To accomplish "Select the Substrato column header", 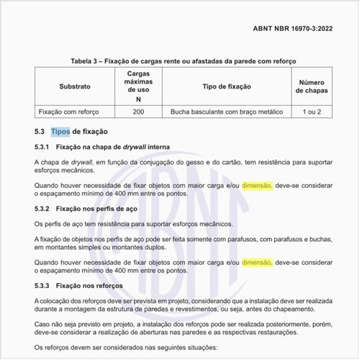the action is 75,86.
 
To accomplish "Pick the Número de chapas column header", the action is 312,86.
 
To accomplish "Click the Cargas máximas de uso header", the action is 138,86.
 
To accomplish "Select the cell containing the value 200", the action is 138,112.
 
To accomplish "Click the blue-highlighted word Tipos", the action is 60,132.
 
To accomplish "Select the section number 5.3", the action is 40,132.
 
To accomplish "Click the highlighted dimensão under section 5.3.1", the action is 256,186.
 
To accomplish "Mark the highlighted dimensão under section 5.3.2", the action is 256,264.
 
